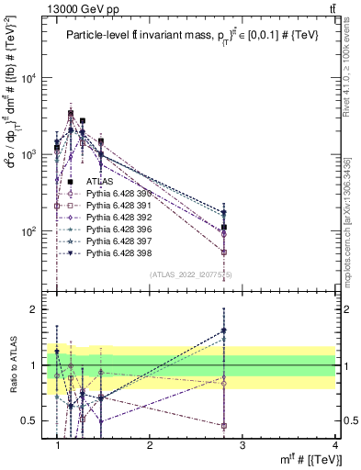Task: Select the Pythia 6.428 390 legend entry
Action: (x=122, y=193)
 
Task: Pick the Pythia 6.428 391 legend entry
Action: (x=122, y=205)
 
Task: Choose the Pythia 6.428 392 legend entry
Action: (x=122, y=217)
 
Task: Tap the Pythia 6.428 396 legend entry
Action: (x=122, y=229)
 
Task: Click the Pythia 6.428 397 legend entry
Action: (x=122, y=241)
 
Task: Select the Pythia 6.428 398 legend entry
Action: (x=122, y=252)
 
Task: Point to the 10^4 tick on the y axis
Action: (x=34, y=77)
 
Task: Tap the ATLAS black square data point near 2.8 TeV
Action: (x=224, y=227)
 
